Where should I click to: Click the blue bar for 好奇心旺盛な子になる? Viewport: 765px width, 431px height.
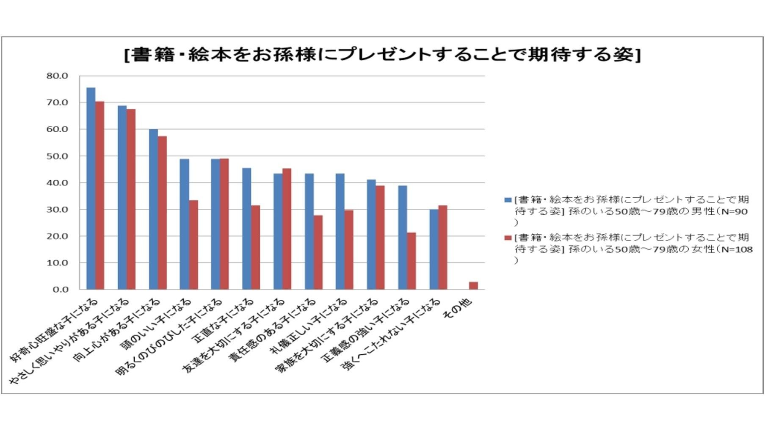click(x=91, y=188)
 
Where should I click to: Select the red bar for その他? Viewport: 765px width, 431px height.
click(x=473, y=286)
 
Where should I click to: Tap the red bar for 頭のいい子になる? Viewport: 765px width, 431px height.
click(x=193, y=245)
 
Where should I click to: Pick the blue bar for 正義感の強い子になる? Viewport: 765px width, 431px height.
click(x=403, y=238)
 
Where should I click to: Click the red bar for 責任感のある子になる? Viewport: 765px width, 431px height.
click(x=318, y=252)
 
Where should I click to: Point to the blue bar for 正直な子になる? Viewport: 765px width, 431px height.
click(x=246, y=229)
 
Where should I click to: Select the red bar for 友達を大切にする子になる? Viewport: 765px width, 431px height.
click(x=287, y=229)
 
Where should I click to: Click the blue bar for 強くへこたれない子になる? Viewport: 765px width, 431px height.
click(x=434, y=249)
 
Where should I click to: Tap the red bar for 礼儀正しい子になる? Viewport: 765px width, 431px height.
click(x=349, y=250)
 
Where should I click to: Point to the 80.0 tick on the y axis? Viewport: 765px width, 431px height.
click(x=57, y=76)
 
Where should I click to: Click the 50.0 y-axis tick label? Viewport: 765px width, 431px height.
click(x=57, y=156)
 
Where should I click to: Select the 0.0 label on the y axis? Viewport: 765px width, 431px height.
click(x=60, y=290)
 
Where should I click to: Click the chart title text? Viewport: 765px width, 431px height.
click(x=382, y=55)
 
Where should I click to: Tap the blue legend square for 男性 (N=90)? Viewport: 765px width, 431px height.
click(x=508, y=200)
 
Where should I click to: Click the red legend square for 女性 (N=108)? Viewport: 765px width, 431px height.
click(x=508, y=238)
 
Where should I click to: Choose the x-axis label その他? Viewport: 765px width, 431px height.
click(x=457, y=309)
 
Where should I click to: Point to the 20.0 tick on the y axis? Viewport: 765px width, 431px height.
click(x=57, y=236)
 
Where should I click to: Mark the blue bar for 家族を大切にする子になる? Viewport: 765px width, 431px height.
click(x=371, y=235)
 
